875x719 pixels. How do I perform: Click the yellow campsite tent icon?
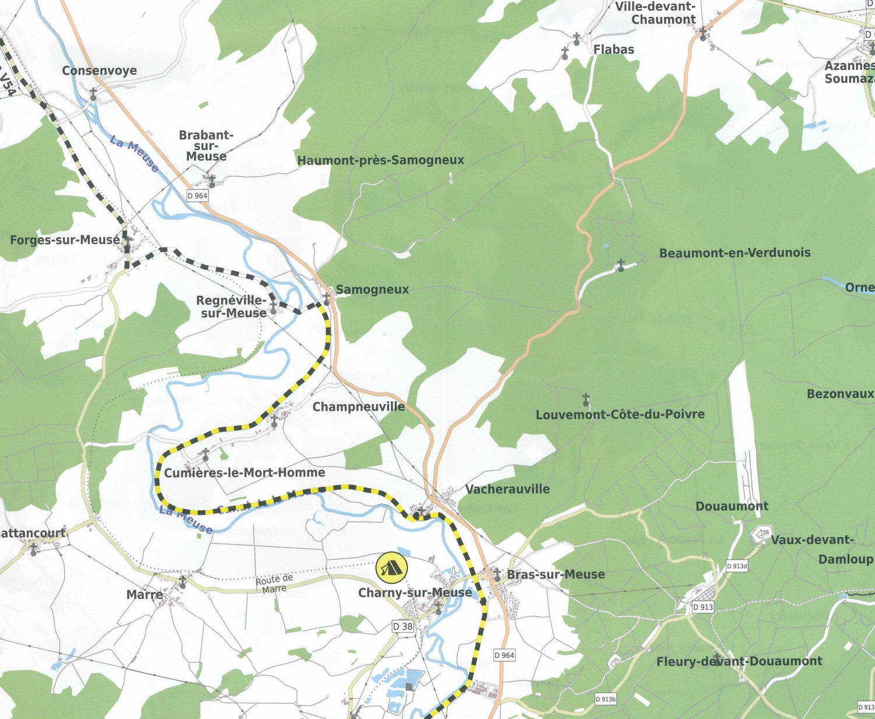(391, 567)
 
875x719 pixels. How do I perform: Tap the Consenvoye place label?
(99, 71)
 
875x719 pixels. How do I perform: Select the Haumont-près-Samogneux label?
(380, 160)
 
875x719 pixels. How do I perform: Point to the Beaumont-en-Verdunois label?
(734, 252)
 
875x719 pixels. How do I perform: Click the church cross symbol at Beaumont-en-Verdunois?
(621, 266)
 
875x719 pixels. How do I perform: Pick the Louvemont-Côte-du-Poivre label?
(620, 415)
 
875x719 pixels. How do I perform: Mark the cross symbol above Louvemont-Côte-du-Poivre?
(586, 400)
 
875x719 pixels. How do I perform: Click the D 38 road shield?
(402, 626)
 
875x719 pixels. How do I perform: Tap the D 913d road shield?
(737, 566)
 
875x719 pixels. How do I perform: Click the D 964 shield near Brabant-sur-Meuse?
(198, 196)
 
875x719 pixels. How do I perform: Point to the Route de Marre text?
(274, 583)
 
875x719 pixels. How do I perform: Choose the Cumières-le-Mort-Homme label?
(244, 472)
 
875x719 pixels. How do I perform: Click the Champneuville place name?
(358, 406)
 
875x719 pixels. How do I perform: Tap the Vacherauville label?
(507, 489)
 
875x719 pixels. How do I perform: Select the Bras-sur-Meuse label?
(555, 574)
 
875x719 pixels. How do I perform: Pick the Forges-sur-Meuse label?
(64, 240)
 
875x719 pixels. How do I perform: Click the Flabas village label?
(614, 50)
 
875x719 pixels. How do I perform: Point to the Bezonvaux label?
(839, 394)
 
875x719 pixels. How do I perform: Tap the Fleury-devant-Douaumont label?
(739, 661)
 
